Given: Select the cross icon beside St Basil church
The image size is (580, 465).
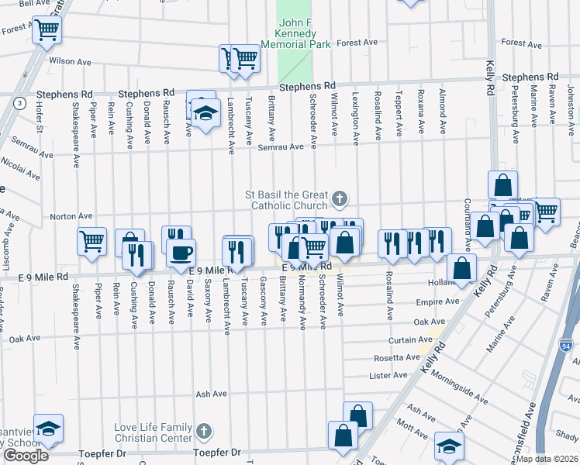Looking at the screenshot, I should point(339,200).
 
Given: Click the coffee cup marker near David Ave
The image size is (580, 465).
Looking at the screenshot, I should point(181,253).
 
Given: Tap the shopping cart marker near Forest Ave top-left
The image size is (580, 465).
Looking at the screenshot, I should point(47,30).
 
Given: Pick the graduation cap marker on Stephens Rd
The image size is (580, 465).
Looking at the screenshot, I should point(205,113).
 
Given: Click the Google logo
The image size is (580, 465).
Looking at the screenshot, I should point(26,456).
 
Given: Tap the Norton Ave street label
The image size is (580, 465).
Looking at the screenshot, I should point(71,217).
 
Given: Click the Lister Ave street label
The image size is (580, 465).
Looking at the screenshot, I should point(389,375).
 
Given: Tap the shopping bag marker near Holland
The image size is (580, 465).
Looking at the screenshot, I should point(461,269).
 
